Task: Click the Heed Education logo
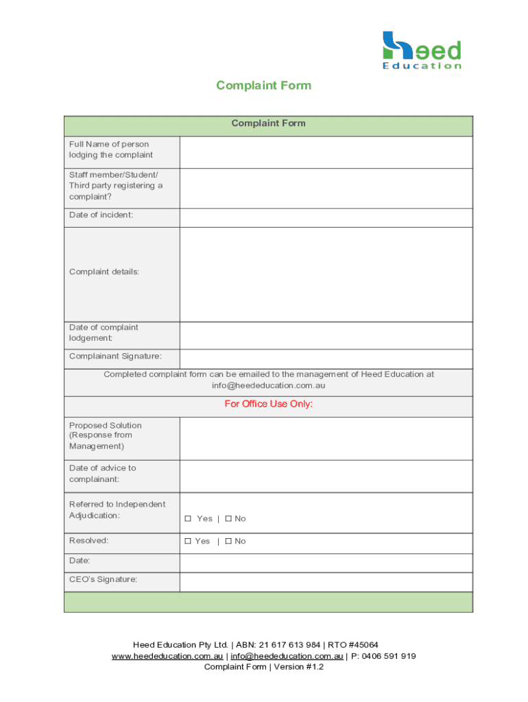[421, 50]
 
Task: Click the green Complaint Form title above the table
[263, 86]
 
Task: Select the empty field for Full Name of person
[326, 152]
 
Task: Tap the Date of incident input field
[326, 217]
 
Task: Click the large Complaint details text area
[326, 274]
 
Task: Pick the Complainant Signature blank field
[326, 359]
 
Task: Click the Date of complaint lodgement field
[326, 335]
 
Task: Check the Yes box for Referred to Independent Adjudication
[187, 519]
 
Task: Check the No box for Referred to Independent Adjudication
[228, 519]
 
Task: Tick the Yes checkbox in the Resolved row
[187, 542]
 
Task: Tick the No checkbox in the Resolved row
[228, 542]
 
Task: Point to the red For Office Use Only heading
[268, 404]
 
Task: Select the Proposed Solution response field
[326, 438]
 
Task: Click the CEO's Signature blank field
[326, 582]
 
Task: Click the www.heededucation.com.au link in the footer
[167, 656]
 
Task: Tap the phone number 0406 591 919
[389, 656]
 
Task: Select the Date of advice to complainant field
[326, 476]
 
